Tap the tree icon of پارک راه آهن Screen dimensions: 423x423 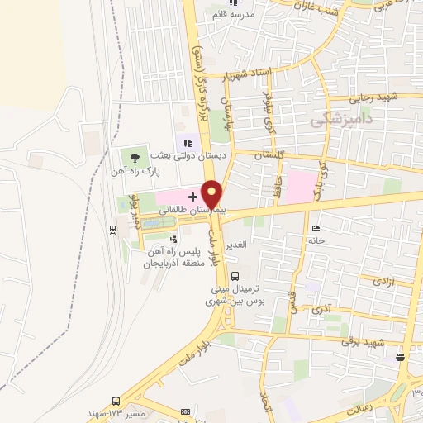point(134,157)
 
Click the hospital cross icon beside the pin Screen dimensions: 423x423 point(192,197)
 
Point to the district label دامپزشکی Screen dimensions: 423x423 point(341,121)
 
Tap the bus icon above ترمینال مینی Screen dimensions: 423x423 point(236,277)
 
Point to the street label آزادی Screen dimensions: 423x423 point(383,281)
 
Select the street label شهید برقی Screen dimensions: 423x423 point(368,340)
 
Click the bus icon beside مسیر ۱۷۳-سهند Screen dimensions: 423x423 point(116,400)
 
